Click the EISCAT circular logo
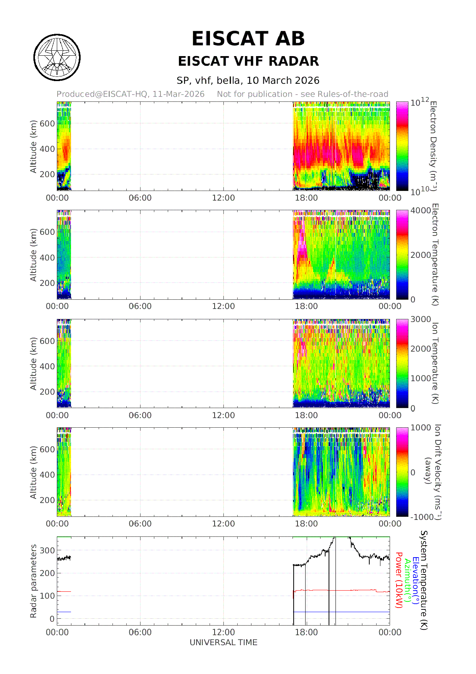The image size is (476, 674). (57, 58)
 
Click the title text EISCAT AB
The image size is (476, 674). (248, 39)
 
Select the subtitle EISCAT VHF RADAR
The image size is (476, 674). (248, 61)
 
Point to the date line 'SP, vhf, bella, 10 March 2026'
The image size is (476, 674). (248, 81)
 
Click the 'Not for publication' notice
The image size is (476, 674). (302, 94)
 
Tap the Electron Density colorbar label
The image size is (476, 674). (433, 146)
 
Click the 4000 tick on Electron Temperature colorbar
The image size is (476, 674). (421, 211)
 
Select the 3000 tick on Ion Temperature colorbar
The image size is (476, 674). (421, 319)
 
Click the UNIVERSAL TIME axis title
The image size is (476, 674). (223, 642)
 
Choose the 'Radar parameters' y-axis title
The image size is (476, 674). (34, 581)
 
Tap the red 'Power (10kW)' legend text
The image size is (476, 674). (399, 580)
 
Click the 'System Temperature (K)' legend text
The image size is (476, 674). (424, 580)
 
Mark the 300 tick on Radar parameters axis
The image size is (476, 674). (48, 550)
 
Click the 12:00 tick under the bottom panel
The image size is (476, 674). (223, 632)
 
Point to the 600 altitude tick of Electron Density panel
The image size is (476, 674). (48, 124)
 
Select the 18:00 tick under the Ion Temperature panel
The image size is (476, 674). (306, 415)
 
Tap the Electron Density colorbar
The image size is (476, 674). (402, 146)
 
